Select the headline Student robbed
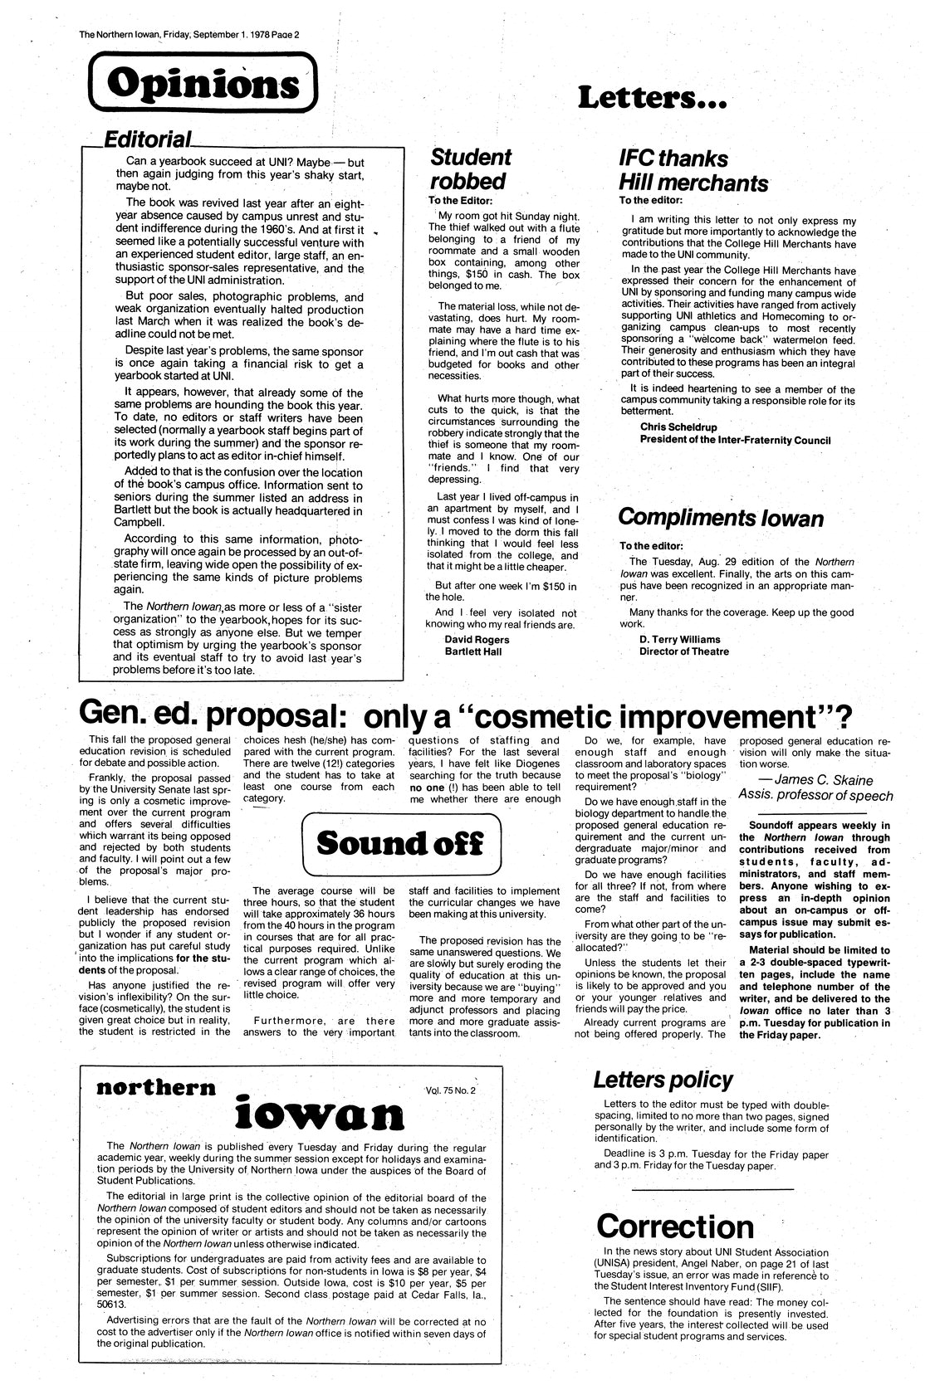[x=469, y=168]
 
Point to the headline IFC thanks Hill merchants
[x=693, y=170]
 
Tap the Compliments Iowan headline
[x=721, y=518]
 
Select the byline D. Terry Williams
[x=679, y=639]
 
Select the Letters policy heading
[x=663, y=1080]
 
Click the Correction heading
[x=674, y=1226]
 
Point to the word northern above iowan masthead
[x=156, y=1088]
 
